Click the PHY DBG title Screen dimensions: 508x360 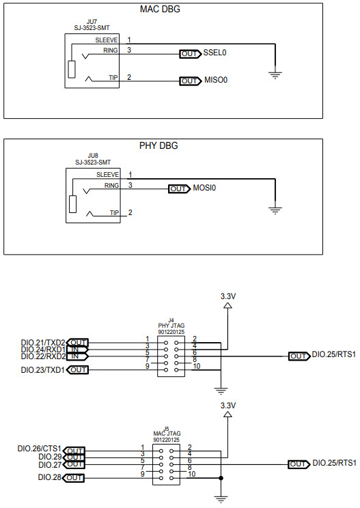coord(163,145)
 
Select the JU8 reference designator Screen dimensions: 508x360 coord(92,156)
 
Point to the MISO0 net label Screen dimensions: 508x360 coord(215,81)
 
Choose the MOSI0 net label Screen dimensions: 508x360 coord(205,188)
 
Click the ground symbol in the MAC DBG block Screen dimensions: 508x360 coord(275,74)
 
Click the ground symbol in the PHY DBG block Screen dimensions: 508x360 coord(275,210)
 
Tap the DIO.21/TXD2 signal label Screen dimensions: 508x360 coord(43,342)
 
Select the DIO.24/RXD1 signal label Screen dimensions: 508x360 coord(43,349)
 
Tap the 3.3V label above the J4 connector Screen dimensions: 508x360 coord(228,296)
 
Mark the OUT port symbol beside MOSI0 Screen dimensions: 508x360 coord(178,188)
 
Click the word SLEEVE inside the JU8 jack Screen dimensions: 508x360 coord(107,175)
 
